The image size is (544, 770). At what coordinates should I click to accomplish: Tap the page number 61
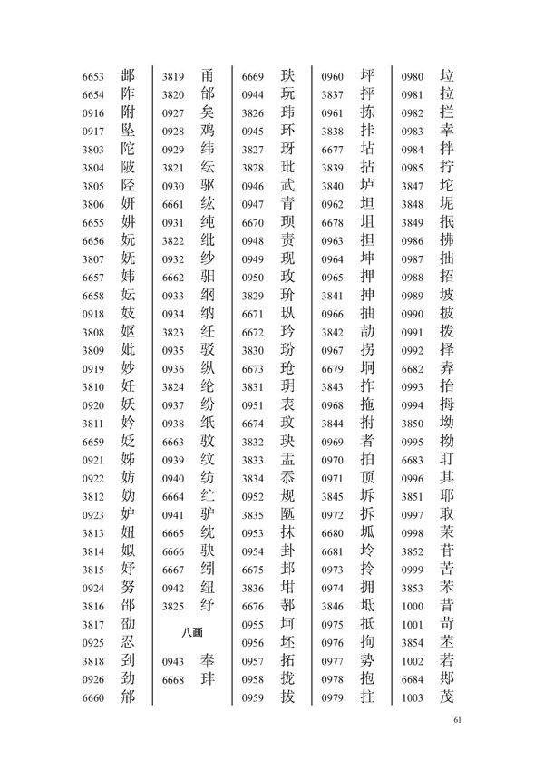click(457, 720)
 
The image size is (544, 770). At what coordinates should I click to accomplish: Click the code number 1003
click(413, 697)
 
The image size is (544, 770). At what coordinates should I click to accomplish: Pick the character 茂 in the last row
click(445, 697)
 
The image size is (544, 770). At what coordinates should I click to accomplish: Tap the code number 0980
click(413, 77)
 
